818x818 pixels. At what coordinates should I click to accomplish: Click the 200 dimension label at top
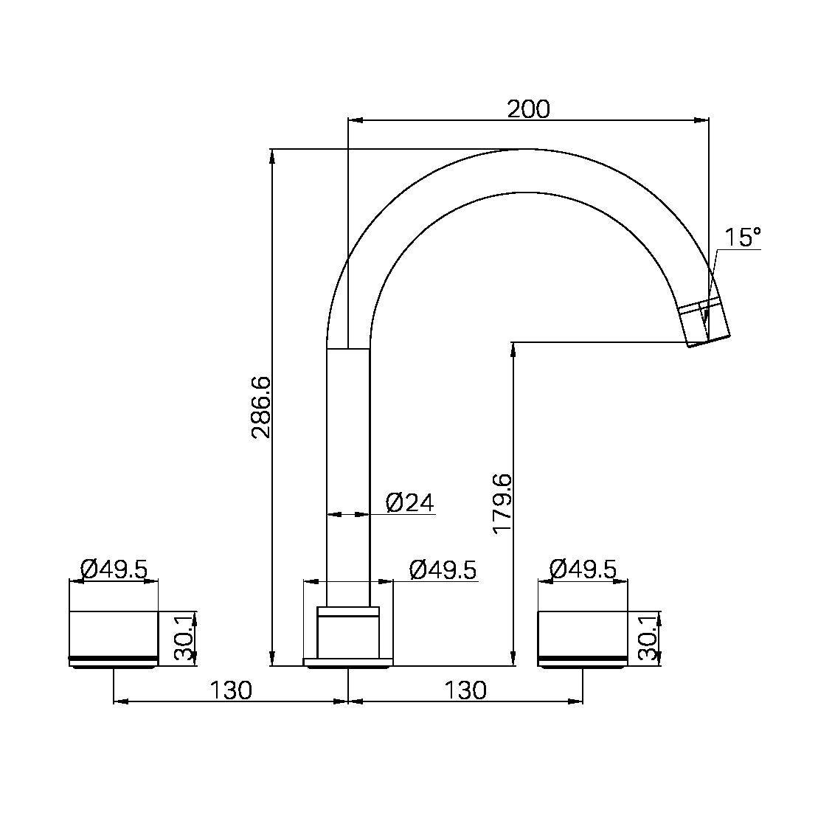click(x=528, y=110)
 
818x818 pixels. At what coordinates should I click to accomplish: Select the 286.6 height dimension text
click(x=261, y=407)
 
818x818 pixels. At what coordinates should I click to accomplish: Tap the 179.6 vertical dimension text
click(x=502, y=504)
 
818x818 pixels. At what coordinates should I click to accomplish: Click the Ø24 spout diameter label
click(x=409, y=502)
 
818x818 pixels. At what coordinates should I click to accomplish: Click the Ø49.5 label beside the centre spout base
click(x=443, y=569)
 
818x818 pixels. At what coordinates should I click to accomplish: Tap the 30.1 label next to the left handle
click(x=184, y=638)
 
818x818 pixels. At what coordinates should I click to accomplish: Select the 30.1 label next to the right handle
click(x=648, y=638)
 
